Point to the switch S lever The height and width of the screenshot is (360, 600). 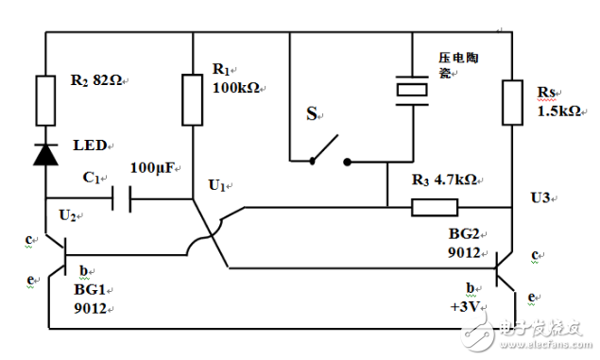click(x=326, y=147)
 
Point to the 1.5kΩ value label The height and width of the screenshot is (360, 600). click(x=557, y=111)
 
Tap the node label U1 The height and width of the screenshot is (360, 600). click(x=218, y=185)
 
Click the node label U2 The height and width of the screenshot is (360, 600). click(x=68, y=215)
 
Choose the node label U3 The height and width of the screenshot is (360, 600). click(x=539, y=197)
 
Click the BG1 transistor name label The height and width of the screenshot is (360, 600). click(x=89, y=292)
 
